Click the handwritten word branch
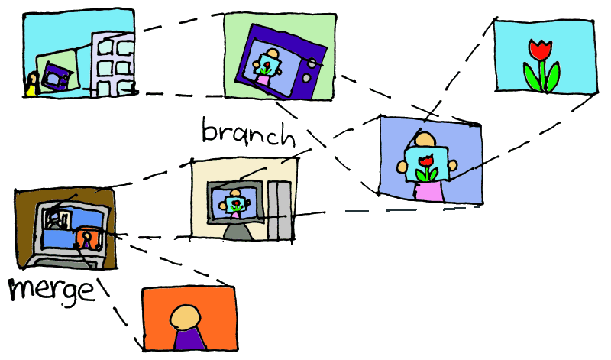tap(247, 132)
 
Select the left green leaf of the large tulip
tap(530, 76)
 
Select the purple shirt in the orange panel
tap(188, 339)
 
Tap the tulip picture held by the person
tap(428, 165)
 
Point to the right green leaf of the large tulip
tap(551, 76)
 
